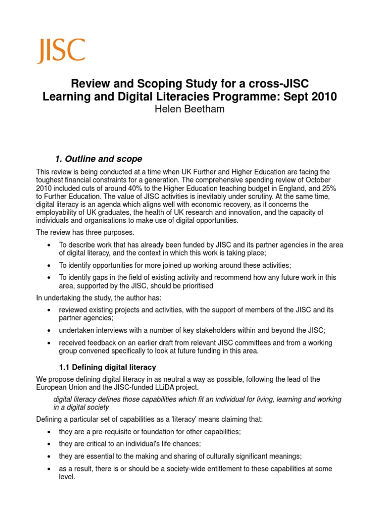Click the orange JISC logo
point(61,51)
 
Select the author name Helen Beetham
point(190,109)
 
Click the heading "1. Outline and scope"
point(98,159)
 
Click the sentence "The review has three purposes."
point(85,233)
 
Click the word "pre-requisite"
point(114,432)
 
